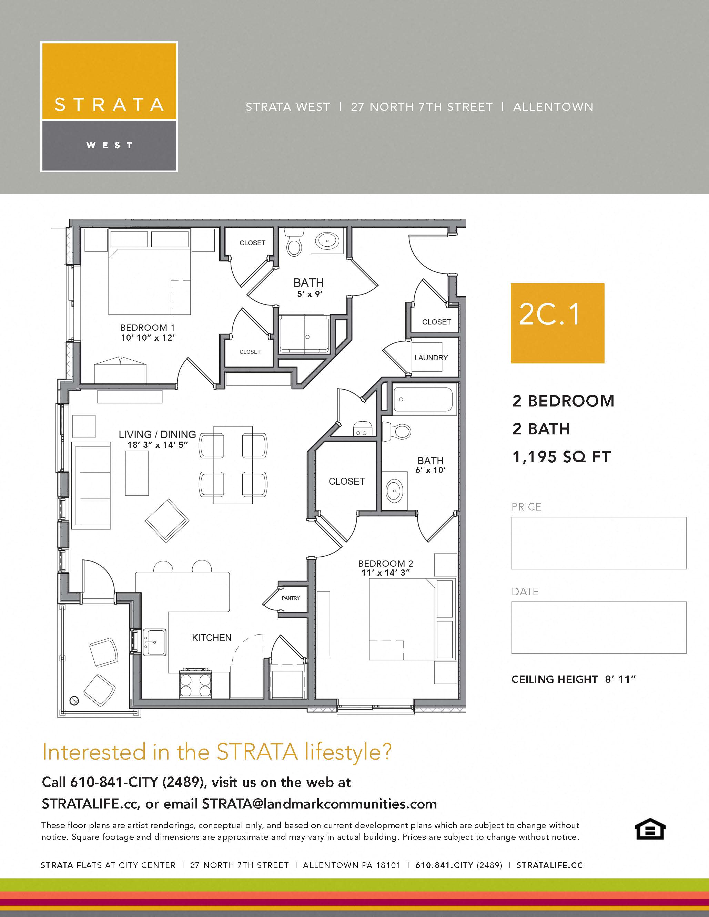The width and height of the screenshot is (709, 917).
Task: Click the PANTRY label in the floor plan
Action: point(291,598)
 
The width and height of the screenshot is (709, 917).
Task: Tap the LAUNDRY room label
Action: point(431,358)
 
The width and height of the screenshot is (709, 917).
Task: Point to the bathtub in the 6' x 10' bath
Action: point(423,399)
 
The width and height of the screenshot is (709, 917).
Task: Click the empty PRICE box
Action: point(599,543)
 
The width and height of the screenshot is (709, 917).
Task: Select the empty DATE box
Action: point(599,627)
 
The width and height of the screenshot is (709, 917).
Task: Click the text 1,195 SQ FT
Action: point(561,457)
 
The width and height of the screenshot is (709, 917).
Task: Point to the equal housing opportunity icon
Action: point(649,829)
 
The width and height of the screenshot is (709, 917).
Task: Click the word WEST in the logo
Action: point(109,145)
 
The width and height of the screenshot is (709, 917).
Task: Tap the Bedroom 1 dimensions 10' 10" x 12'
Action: point(148,338)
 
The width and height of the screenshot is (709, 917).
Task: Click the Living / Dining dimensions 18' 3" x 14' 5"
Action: point(157,445)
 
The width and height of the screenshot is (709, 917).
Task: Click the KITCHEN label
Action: point(212,638)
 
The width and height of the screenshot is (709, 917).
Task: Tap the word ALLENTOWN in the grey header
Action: point(553,107)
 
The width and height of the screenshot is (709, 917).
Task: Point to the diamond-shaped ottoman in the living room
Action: point(167,521)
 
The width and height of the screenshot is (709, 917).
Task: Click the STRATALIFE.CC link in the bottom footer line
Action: point(549,865)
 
